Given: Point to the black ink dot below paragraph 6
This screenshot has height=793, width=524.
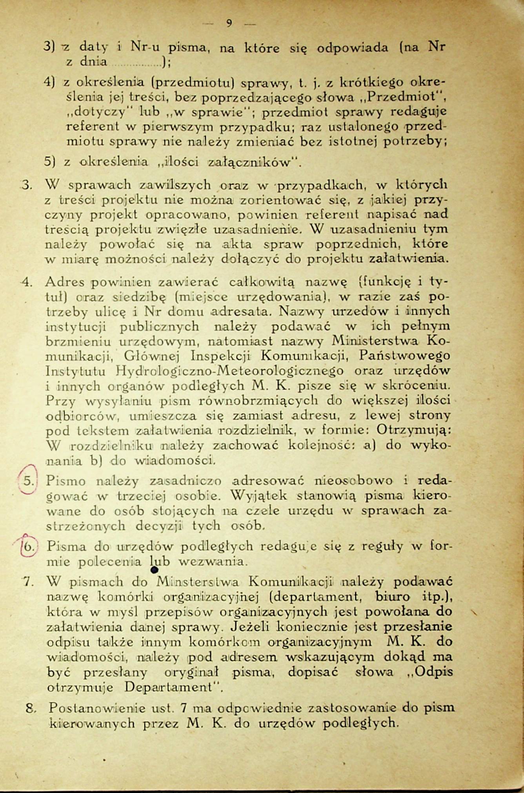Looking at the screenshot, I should pyautogui.click(x=154, y=570).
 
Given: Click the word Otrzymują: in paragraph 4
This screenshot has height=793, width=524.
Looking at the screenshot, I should pyautogui.click(x=414, y=430).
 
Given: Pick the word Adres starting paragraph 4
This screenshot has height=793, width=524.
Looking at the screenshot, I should pyautogui.click(x=65, y=281).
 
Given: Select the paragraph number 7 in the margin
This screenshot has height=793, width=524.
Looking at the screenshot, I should pyautogui.click(x=27, y=581).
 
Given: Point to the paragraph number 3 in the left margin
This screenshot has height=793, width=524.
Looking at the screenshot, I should pyautogui.click(x=26, y=185).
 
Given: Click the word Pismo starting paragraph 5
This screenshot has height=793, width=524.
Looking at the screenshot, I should pyautogui.click(x=66, y=480).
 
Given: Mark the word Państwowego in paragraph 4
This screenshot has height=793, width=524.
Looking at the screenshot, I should pyautogui.click(x=405, y=356).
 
